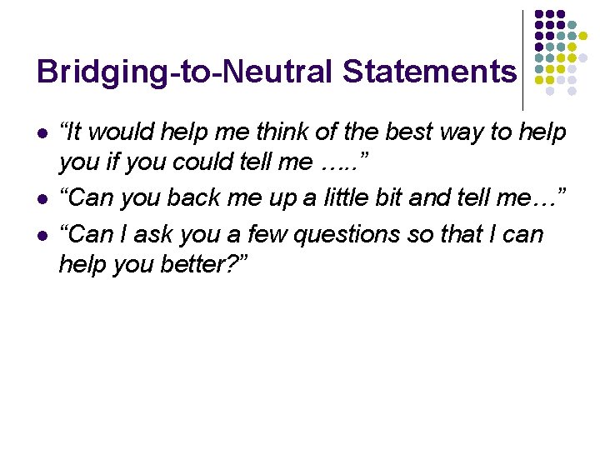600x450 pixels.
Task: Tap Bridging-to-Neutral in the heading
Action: point(185,72)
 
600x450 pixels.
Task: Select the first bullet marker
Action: point(42,133)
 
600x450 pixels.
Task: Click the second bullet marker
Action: point(42,199)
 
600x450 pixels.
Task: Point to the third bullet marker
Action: point(42,235)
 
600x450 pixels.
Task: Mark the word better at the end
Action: point(197,265)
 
